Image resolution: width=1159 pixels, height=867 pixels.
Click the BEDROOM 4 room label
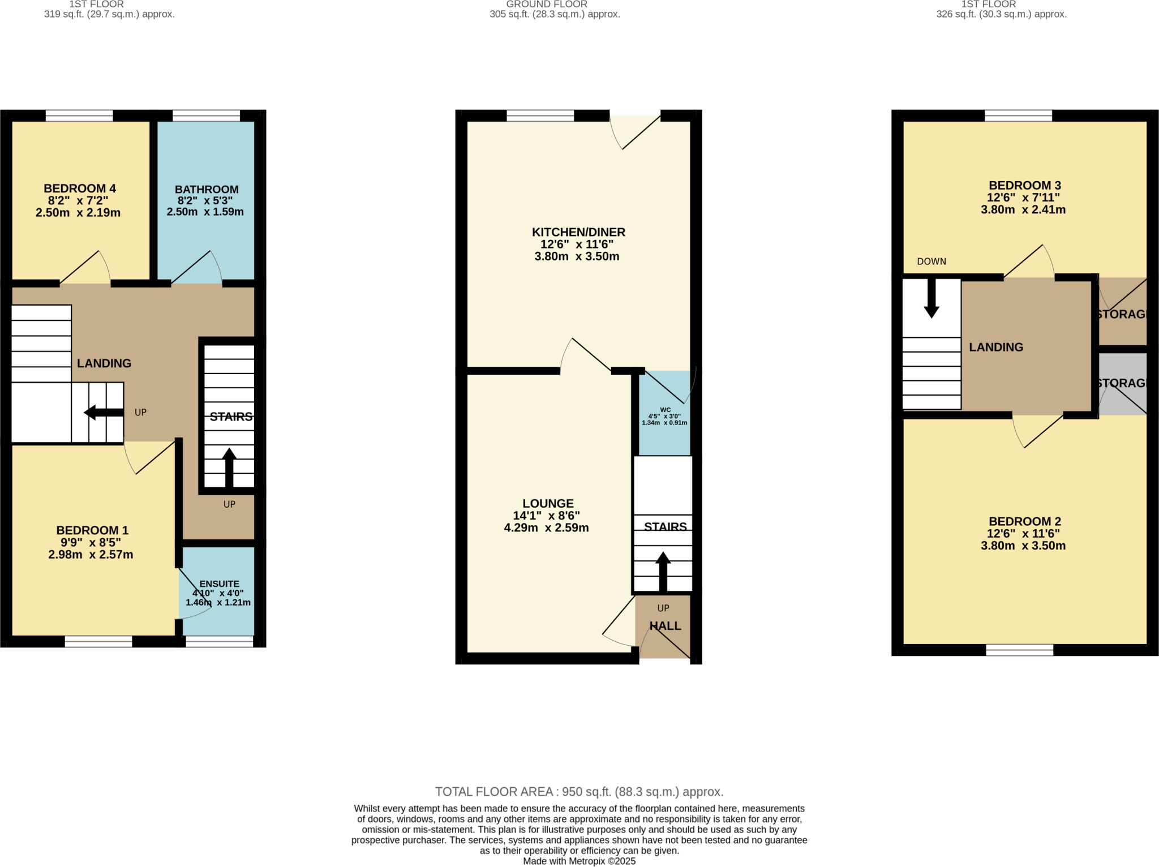pos(80,188)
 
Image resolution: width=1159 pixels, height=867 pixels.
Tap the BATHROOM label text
pos(207,190)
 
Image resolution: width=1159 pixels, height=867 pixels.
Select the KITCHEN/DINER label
pos(578,232)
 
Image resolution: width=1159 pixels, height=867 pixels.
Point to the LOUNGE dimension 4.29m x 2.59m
pos(546,528)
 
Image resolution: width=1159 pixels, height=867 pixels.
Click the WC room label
pos(665,410)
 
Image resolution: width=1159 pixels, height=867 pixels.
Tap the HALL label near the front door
pos(665,626)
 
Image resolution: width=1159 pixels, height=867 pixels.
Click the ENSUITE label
pos(219,583)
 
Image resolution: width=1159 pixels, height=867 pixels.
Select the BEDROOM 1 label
pos(92,530)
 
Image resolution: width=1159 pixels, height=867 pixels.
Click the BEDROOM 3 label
pos(1024,186)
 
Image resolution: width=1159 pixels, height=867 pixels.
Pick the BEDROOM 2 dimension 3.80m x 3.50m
pos(1023,546)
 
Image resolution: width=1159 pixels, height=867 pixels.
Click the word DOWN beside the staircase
pos(932,261)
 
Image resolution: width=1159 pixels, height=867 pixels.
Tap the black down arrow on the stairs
pos(932,300)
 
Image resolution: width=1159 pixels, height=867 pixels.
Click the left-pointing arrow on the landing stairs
pos(102,413)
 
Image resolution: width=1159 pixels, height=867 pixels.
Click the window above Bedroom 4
pos(79,116)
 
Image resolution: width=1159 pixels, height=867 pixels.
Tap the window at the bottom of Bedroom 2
pos(1019,650)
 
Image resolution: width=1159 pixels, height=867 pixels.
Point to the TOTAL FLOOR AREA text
pos(579,792)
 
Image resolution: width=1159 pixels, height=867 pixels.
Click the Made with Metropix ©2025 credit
pos(579,861)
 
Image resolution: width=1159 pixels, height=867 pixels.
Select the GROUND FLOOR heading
pos(546,5)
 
